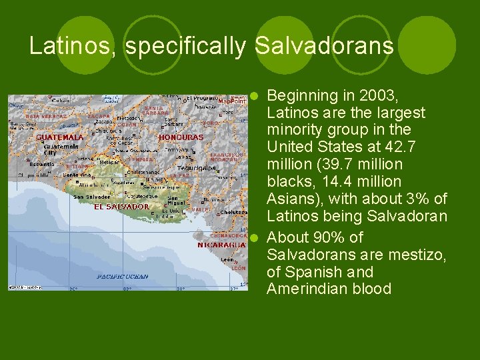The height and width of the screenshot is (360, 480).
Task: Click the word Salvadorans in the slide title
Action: click(x=324, y=46)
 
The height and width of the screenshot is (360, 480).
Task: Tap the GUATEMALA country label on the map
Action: click(x=60, y=137)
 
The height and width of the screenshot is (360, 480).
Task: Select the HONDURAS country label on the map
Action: click(x=181, y=137)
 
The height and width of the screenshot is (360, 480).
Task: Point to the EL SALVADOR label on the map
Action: click(x=121, y=207)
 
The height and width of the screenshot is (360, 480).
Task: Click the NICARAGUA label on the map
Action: click(x=217, y=245)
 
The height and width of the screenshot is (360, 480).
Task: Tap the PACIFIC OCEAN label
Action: click(x=122, y=276)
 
